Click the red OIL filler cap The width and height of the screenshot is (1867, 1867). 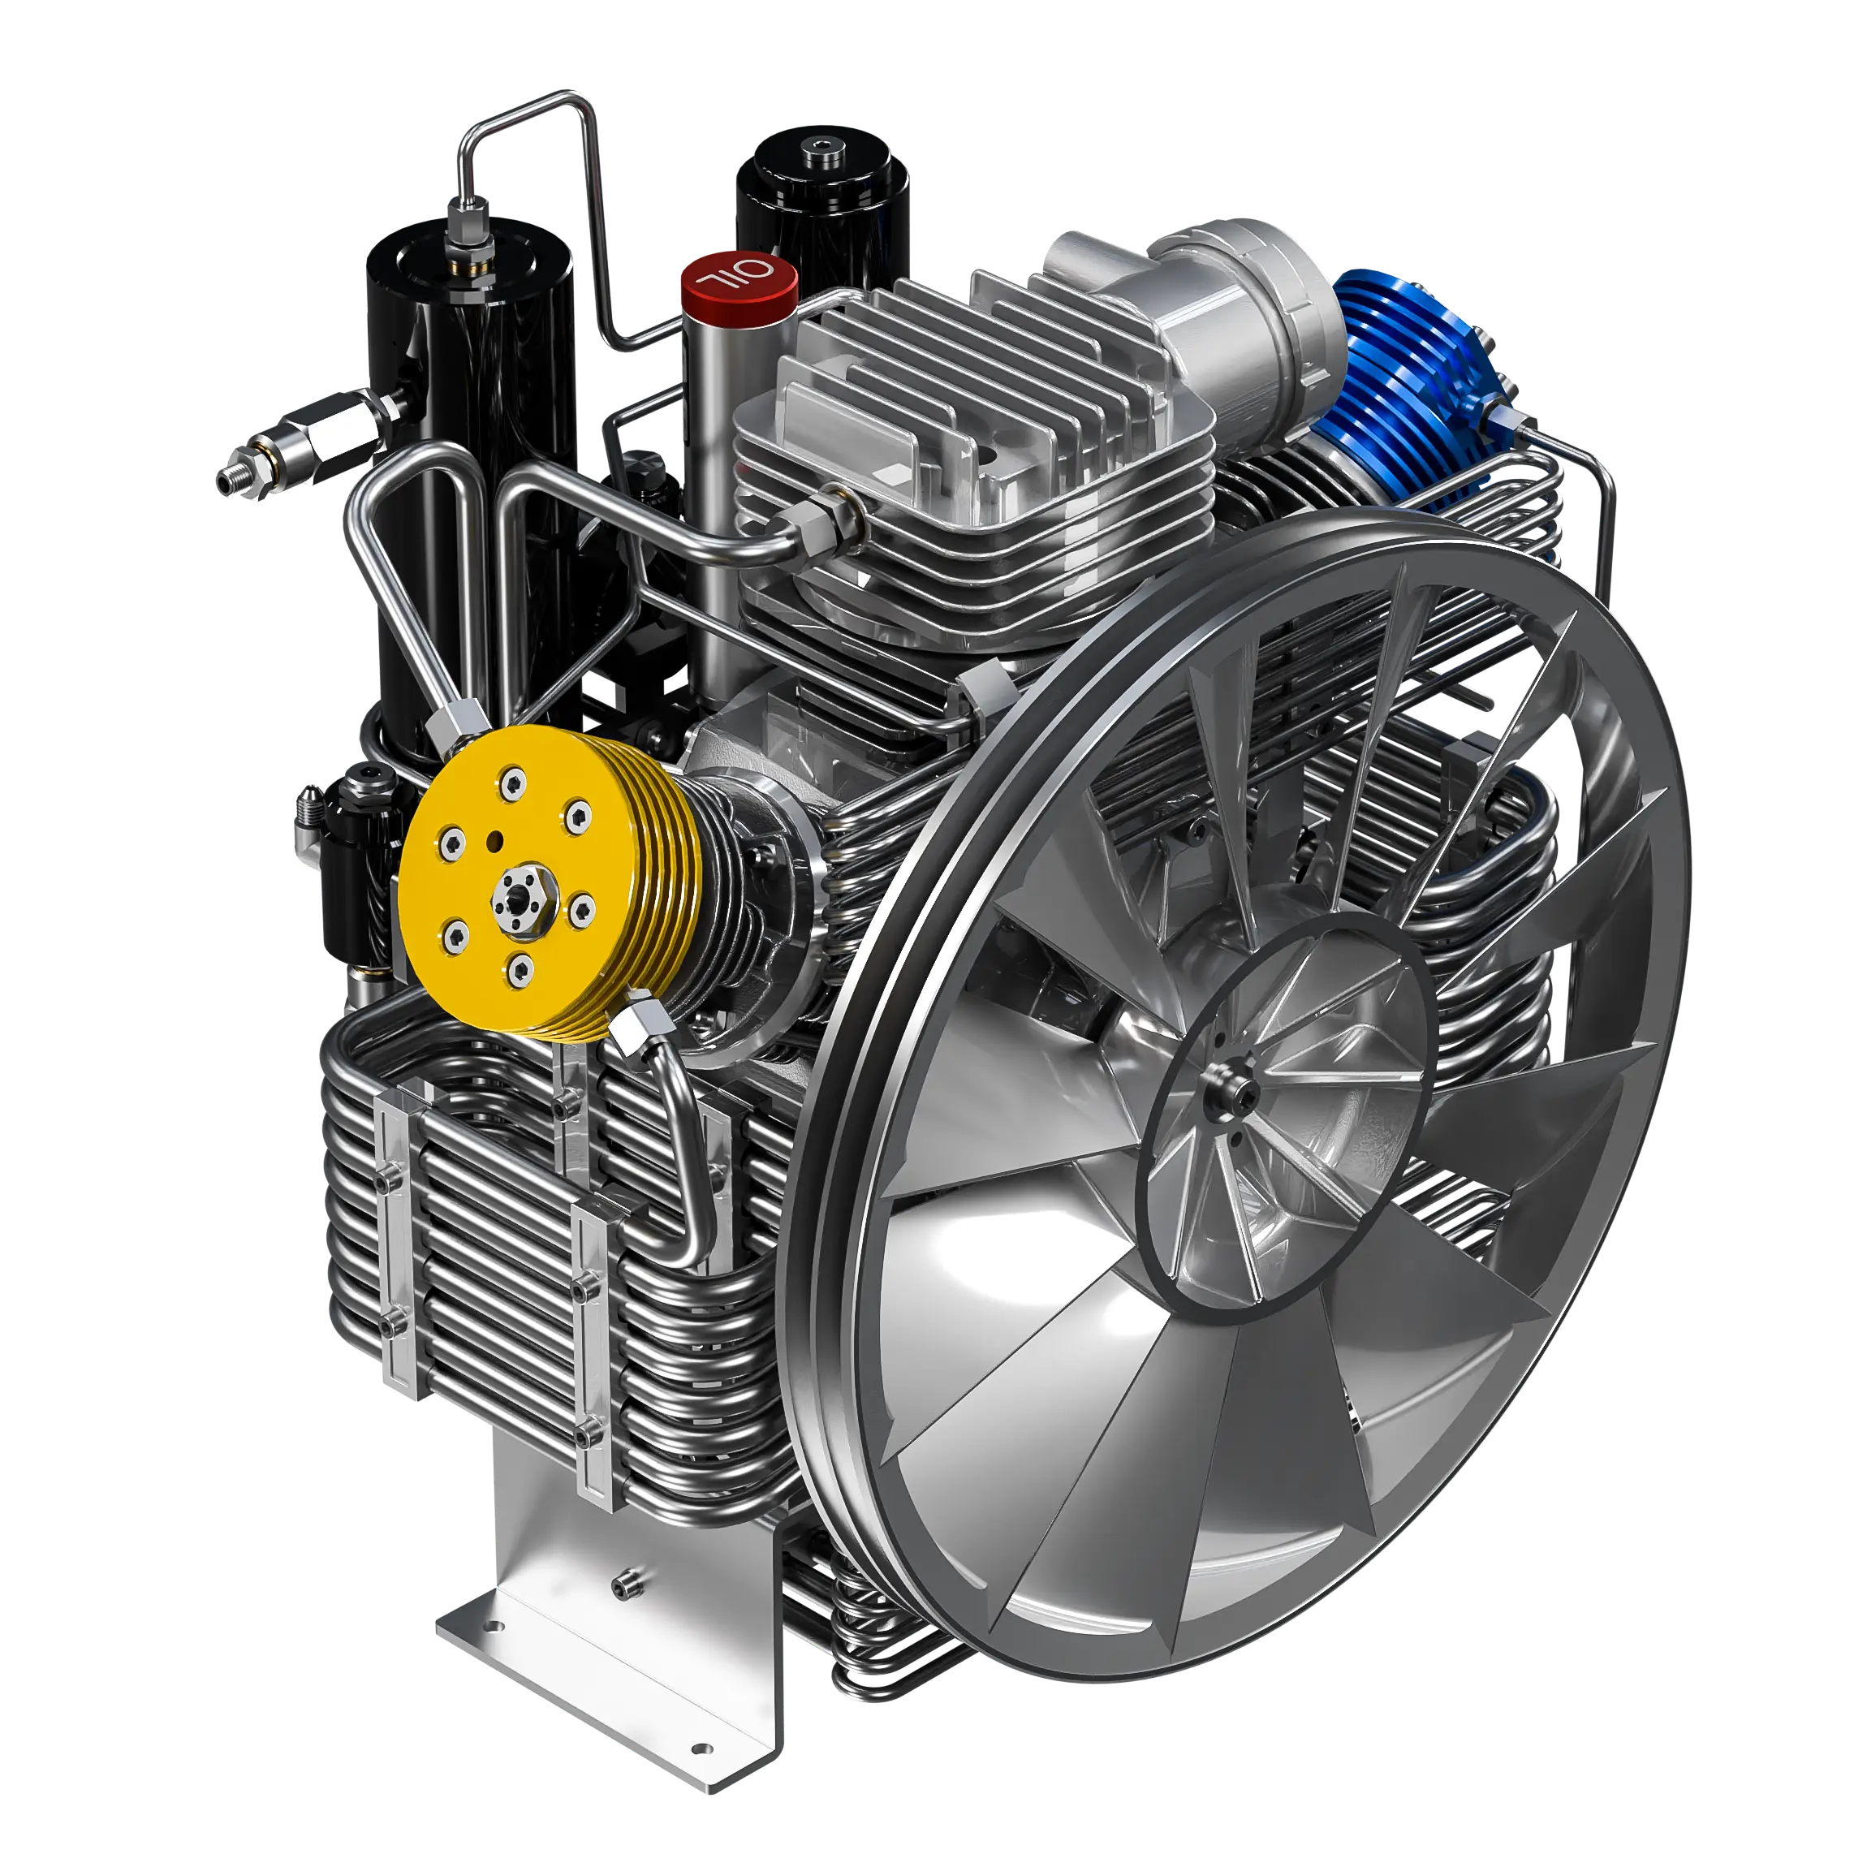click(x=739, y=279)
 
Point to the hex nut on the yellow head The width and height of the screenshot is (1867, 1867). click(x=520, y=899)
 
